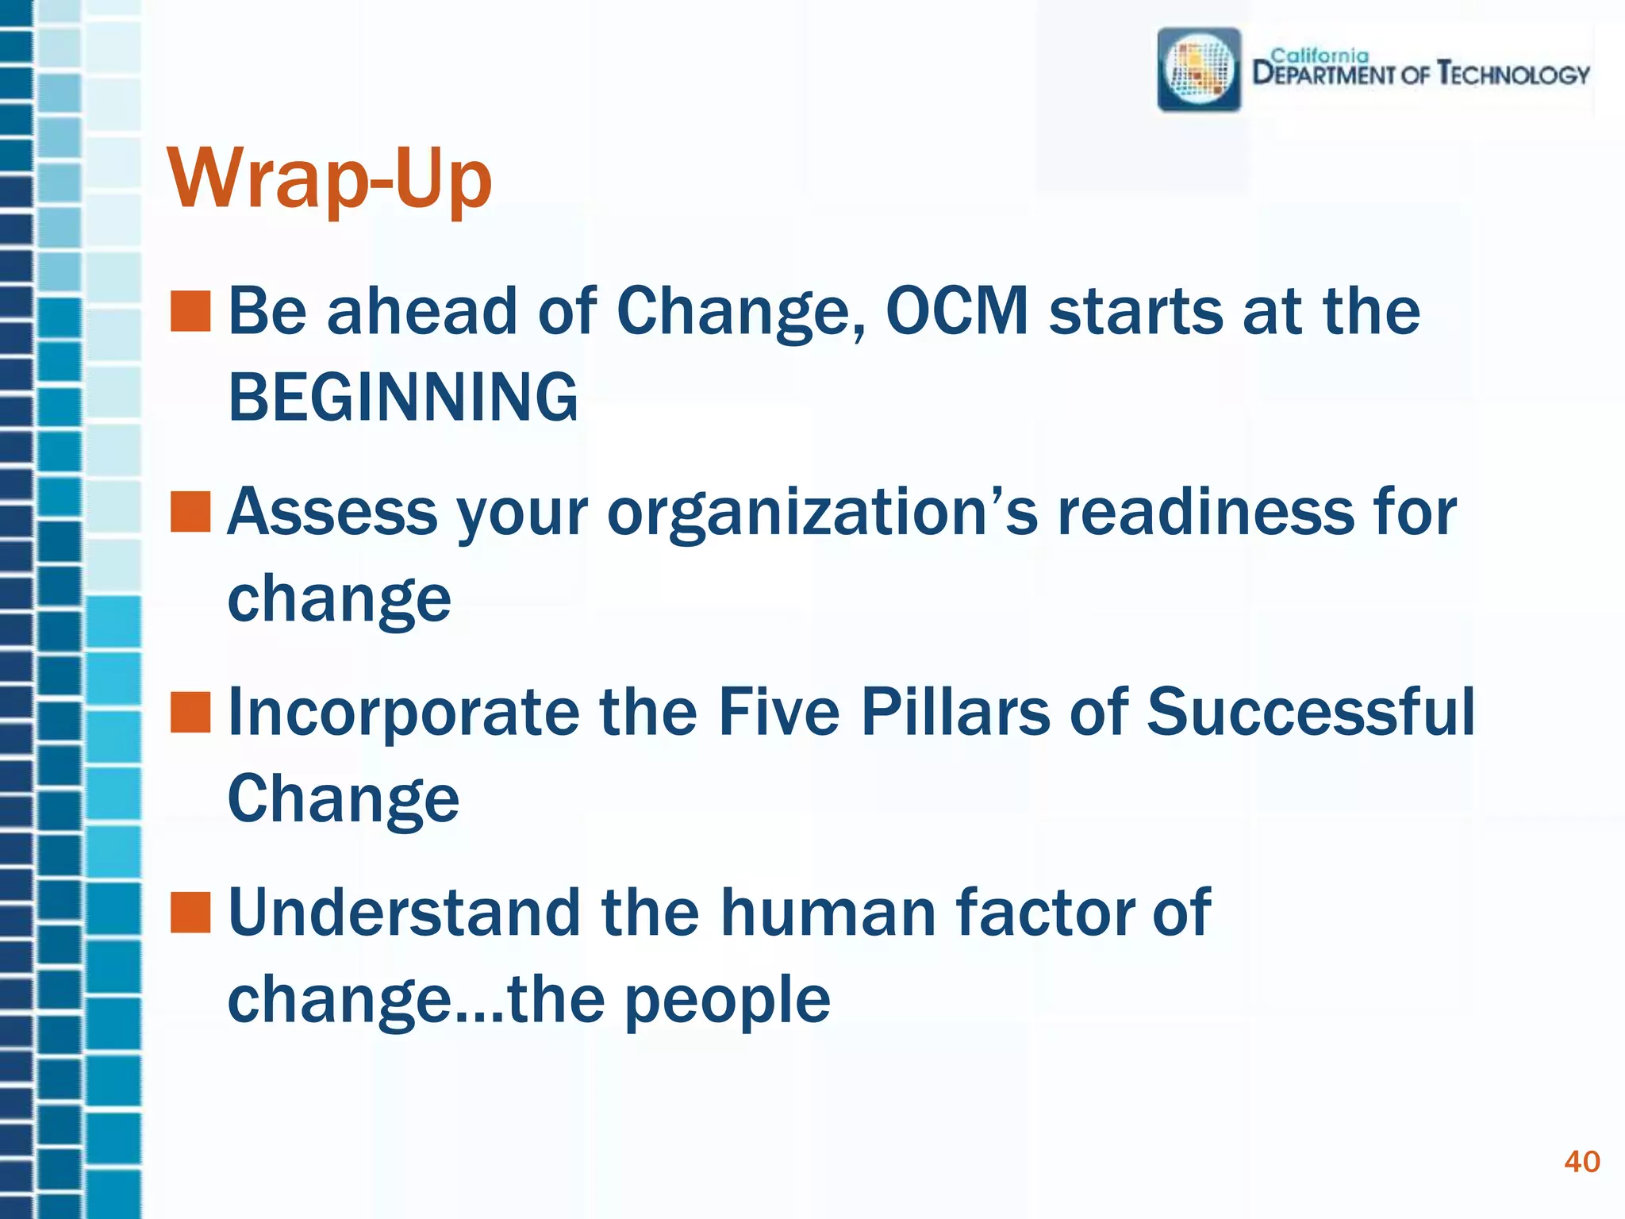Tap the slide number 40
click(x=1581, y=1162)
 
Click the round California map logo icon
click(x=1199, y=70)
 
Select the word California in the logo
click(x=1320, y=56)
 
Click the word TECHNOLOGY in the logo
click(x=1514, y=75)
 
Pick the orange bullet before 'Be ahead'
click(x=190, y=310)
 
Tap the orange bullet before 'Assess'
click(x=190, y=512)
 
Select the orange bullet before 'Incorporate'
click(x=190, y=712)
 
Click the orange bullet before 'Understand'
click(x=190, y=913)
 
